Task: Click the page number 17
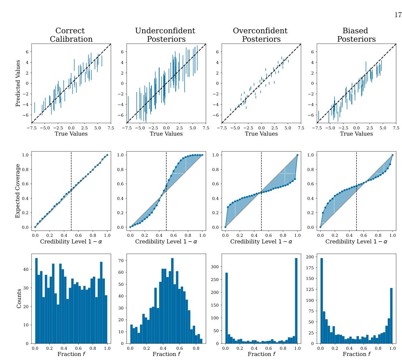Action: point(398,15)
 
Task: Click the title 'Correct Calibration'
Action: point(71,35)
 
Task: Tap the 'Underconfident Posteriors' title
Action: point(166,35)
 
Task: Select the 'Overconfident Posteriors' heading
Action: point(261,35)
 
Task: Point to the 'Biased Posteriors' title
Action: point(356,35)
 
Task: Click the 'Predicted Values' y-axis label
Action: point(18,83)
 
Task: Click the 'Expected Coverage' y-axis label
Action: point(18,190)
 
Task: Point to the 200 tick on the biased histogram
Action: point(310,257)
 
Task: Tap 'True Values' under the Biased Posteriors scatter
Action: point(356,134)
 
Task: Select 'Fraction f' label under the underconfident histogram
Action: point(166,354)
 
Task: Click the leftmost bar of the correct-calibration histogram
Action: point(36,301)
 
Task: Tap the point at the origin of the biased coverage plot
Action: point(320,227)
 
